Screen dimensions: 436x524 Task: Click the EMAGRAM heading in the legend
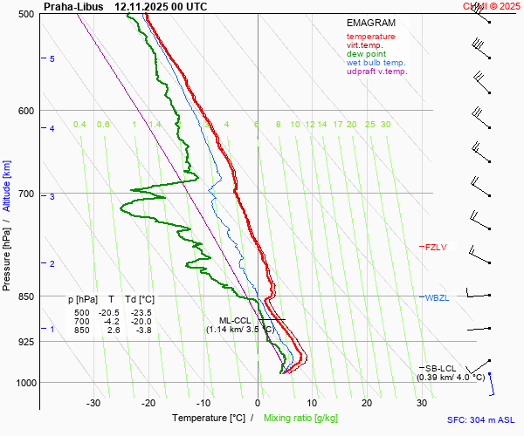click(x=370, y=23)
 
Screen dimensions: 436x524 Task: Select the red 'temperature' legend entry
click(x=370, y=37)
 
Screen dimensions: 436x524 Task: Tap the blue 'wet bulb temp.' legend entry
click(x=376, y=63)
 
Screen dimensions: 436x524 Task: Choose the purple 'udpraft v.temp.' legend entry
click(x=376, y=72)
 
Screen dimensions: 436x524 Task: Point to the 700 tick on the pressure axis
click(x=25, y=194)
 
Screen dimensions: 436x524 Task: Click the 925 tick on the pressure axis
click(x=25, y=342)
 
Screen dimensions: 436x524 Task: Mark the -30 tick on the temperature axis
click(x=93, y=403)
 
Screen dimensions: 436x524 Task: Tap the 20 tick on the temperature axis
click(x=367, y=403)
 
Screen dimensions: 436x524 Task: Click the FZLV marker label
click(x=436, y=248)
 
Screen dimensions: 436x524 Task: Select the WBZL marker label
click(x=437, y=298)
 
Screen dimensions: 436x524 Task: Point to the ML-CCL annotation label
click(x=235, y=320)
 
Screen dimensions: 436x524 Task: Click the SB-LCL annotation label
click(x=442, y=369)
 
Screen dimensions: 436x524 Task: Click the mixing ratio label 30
click(x=385, y=125)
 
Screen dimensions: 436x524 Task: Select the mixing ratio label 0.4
click(x=79, y=125)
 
